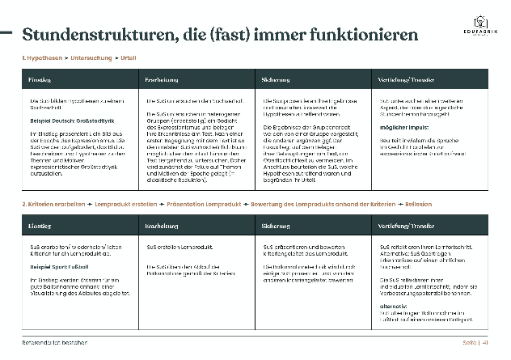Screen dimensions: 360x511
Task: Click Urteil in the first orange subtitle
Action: [128, 60]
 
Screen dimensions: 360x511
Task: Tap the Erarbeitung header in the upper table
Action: [161, 80]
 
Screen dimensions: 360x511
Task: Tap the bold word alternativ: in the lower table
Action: [392, 307]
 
